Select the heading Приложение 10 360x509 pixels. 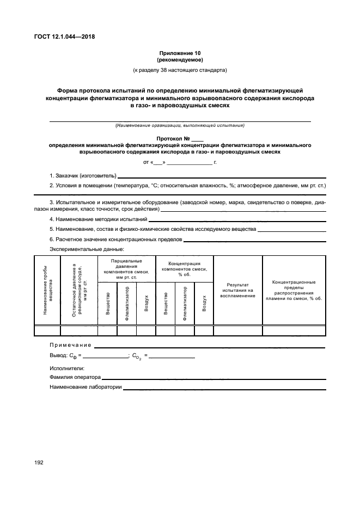180,53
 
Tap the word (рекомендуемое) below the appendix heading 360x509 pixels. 180,60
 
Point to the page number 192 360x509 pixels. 41,462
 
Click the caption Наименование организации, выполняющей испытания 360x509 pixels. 180,126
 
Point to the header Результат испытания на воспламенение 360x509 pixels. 237,290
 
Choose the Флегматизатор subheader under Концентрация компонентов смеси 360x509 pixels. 185,304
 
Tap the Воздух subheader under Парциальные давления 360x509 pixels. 145,304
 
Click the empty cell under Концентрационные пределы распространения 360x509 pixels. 294,330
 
